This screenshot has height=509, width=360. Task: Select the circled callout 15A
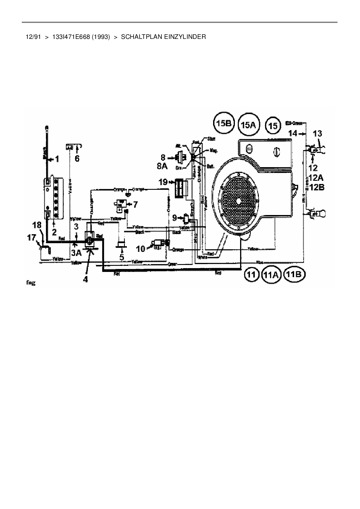249,125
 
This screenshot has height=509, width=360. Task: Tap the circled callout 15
273,126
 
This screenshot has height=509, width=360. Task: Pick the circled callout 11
251,274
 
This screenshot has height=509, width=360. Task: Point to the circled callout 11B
294,274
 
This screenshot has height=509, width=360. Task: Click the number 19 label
163,182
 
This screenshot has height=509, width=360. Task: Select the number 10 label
141,248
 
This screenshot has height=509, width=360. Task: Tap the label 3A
77,253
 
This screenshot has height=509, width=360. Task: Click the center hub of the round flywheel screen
238,201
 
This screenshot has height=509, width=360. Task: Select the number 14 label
293,133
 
